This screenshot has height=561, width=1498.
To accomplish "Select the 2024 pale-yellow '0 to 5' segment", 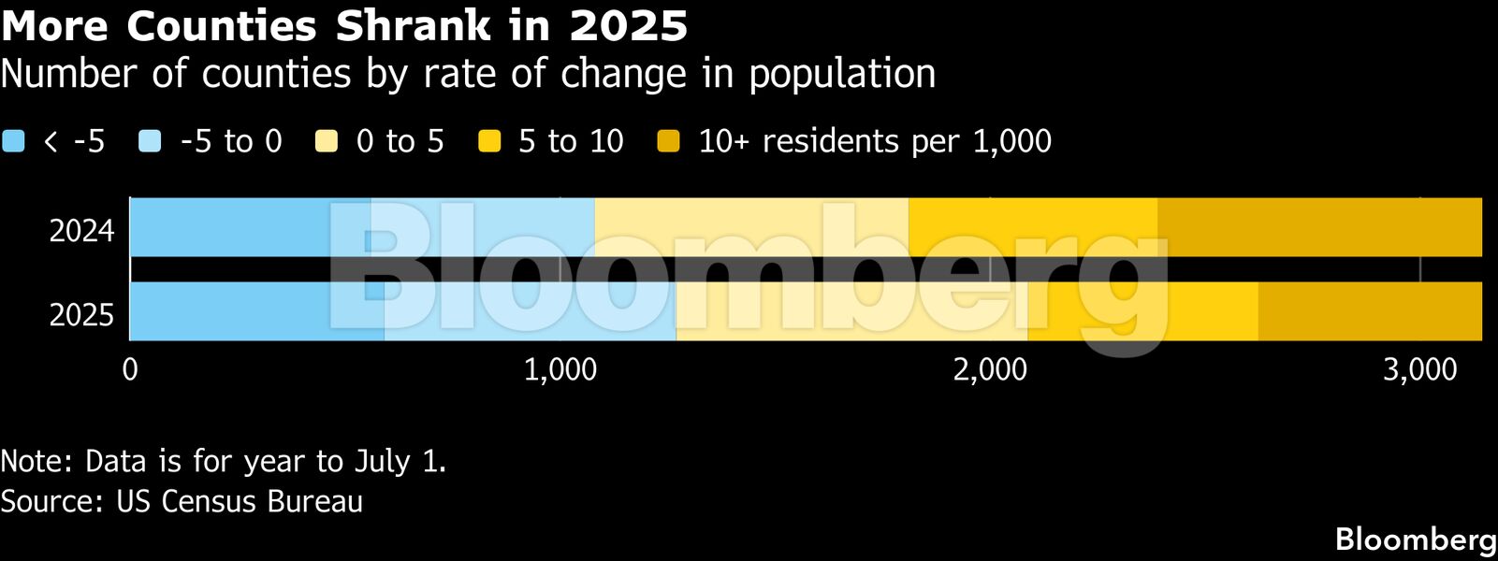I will click(751, 227).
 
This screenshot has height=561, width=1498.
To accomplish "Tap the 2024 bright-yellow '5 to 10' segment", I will click(1033, 227).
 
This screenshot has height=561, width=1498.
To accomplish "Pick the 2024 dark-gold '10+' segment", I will click(1319, 227).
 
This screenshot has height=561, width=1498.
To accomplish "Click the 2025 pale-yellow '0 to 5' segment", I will click(851, 311).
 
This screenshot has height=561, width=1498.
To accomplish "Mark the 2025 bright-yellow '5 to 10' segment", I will click(1142, 311).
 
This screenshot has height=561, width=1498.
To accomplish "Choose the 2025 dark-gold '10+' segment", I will click(1370, 311).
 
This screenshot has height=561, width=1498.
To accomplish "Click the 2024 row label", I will click(81, 231).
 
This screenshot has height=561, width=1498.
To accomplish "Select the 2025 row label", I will click(81, 315).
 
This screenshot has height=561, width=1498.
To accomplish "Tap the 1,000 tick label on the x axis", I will click(560, 370).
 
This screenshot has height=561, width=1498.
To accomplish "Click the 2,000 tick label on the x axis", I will click(990, 370).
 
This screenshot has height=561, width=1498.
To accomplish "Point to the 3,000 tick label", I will click(1419, 370).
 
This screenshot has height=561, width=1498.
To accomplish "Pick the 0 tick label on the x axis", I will click(130, 370).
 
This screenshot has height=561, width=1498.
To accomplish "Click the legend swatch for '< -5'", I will click(13, 141).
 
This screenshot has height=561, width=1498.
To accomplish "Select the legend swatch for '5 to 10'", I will click(489, 141).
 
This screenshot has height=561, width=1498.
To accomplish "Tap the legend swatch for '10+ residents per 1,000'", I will click(668, 141).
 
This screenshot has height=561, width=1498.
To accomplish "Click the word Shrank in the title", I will click(413, 26).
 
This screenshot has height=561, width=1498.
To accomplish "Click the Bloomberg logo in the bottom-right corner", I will click(1415, 539).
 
